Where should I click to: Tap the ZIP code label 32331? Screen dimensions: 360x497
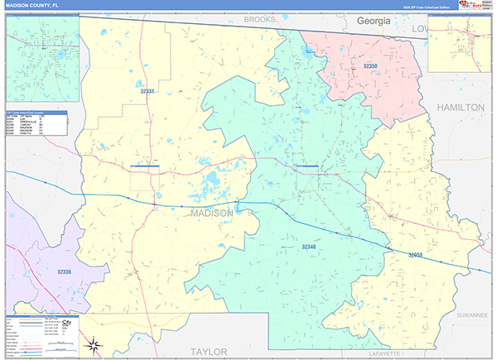147,91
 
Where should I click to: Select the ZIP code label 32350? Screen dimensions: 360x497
370,65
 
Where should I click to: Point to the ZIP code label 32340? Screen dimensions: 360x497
308,247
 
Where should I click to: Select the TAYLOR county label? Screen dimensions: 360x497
209,352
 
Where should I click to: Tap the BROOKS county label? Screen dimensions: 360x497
258,18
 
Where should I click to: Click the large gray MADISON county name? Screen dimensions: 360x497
211,213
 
